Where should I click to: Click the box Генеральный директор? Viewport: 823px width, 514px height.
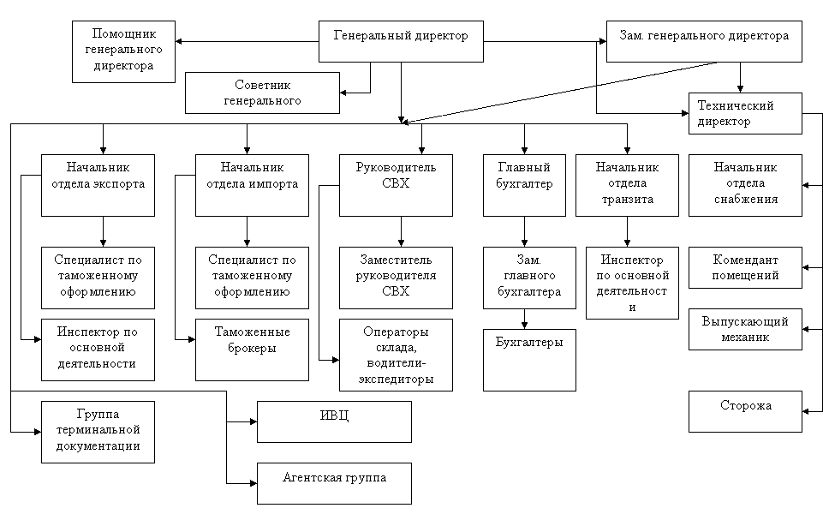tap(401, 41)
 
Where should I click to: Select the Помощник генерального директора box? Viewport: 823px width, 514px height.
tap(123, 51)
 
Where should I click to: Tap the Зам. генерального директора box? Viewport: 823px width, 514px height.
tap(704, 41)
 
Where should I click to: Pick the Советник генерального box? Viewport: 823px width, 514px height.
tap(262, 93)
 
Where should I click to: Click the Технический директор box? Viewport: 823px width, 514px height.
tap(745, 113)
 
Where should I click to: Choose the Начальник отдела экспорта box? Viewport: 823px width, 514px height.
tap(98, 185)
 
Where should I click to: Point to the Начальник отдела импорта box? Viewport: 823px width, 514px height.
tap(252, 185)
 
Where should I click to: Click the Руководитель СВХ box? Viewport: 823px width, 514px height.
tap(396, 185)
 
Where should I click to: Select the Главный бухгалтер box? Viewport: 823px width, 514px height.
tap(524, 185)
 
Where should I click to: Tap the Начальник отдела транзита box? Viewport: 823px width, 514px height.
tap(627, 185)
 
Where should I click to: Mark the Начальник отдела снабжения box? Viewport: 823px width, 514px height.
tap(745, 185)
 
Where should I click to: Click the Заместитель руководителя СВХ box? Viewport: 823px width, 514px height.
tap(396, 278)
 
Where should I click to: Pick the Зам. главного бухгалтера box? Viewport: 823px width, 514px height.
tap(529, 278)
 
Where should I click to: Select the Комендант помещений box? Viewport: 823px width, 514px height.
tap(745, 267)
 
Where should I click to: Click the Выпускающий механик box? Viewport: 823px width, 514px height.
tap(745, 329)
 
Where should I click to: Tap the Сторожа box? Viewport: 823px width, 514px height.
tap(745, 411)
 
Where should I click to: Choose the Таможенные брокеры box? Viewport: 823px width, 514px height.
tap(252, 350)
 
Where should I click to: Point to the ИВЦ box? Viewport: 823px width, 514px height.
tap(334, 421)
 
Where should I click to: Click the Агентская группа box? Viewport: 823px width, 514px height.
tap(334, 483)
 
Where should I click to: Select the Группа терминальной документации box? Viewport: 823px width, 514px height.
tap(98, 432)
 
